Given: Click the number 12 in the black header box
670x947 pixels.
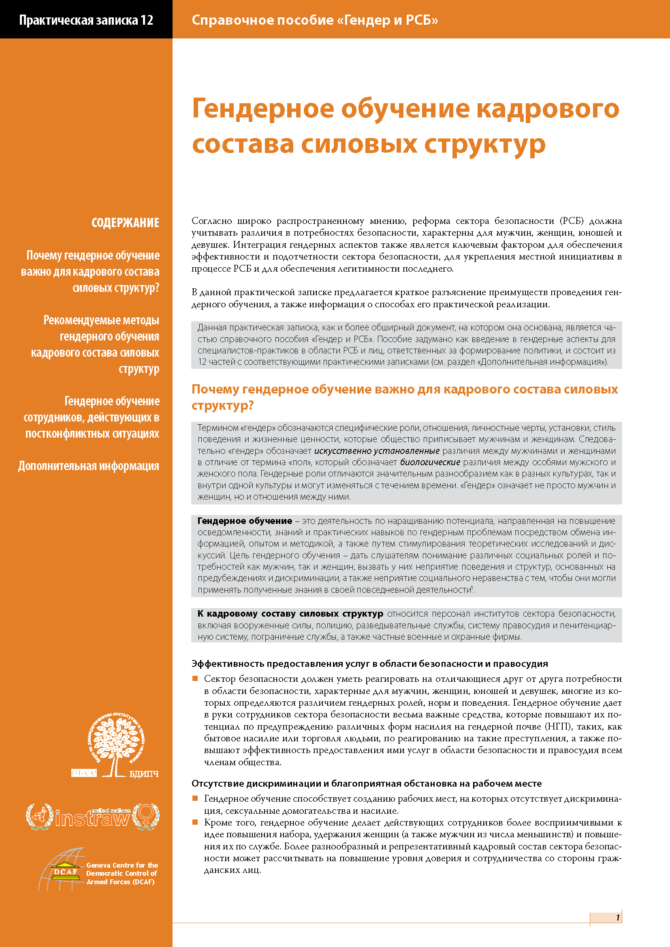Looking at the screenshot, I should pos(147,20).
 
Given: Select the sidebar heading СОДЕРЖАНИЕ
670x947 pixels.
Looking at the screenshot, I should pos(126,223).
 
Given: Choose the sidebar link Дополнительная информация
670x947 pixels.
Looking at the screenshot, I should pos(89,466).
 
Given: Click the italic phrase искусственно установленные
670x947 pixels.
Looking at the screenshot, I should pos(377,451).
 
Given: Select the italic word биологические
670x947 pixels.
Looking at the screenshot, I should pos(430,462).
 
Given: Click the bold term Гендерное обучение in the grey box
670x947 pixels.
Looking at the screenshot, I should pos(245,521).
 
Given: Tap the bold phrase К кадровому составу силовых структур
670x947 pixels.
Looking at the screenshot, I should pos(290,614).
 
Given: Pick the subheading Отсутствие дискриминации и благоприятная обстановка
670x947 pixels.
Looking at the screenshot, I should pos(366,783).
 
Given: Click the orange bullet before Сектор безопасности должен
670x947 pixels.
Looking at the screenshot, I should pos(195,679).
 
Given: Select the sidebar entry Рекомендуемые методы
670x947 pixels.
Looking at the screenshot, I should pos(102,320).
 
